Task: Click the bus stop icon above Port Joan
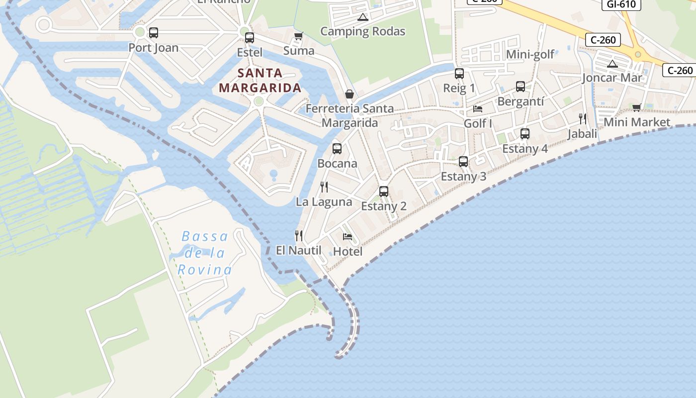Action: coord(154,33)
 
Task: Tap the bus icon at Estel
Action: coord(250,37)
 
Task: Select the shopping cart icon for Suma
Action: coord(298,36)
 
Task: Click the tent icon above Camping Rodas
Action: coord(363,17)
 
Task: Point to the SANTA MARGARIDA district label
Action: coord(260,81)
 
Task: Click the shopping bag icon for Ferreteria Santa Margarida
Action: coord(349,94)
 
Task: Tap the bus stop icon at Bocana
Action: coord(337,148)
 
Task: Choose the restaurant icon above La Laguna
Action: coord(324,187)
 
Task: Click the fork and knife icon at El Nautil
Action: coord(299,235)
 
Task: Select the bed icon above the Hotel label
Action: coord(348,237)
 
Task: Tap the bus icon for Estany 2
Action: coord(384,192)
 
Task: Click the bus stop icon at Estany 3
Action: coord(463,162)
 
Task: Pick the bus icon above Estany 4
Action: coord(525,134)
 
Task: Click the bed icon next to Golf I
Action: coord(478,109)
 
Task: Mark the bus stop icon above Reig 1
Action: coord(459,74)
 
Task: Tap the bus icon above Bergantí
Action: coord(521,87)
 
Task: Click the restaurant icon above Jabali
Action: coord(583,119)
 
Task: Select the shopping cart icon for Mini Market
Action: coord(637,107)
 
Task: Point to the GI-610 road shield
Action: coord(621,4)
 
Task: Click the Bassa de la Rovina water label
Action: coord(205,253)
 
